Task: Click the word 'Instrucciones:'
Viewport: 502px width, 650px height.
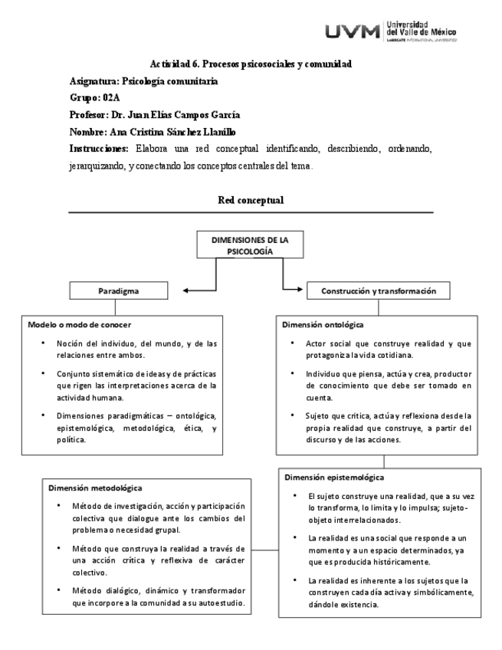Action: [x=99, y=148]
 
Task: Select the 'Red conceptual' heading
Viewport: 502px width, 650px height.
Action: [x=251, y=200]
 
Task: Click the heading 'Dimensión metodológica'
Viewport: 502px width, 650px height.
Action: [x=95, y=487]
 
